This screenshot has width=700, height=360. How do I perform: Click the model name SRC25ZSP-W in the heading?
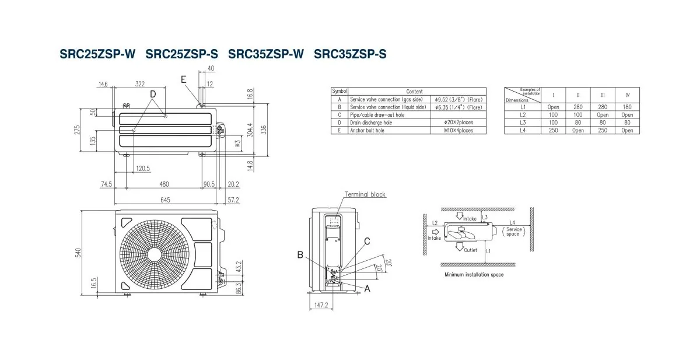pos(97,54)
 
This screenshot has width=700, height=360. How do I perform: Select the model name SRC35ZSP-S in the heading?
pos(350,54)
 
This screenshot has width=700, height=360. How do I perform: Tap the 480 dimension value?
pos(164,184)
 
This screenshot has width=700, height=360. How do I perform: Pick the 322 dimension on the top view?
pos(140,85)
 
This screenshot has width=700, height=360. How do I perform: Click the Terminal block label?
pos(365,194)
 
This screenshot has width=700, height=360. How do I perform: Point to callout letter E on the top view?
pos(184,79)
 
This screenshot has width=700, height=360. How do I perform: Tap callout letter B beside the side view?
pos(300,254)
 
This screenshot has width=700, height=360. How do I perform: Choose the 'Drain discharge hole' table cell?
pos(371,123)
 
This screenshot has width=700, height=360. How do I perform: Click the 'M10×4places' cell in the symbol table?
pos(457,130)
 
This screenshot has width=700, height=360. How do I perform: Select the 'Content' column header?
pos(414,92)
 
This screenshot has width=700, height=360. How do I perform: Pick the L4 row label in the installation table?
pos(523,130)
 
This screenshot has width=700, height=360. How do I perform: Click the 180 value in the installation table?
pos(627,107)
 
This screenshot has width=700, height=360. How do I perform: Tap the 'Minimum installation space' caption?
pos(474,274)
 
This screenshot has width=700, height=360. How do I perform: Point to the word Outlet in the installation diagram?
pos(470,250)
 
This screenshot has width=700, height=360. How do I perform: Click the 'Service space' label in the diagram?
pos(513,231)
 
